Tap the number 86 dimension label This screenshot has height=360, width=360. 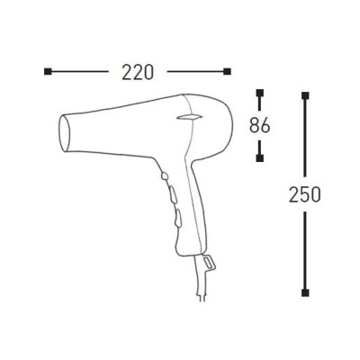pyautogui.click(x=260, y=125)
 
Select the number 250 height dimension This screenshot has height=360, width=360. pyautogui.click(x=306, y=193)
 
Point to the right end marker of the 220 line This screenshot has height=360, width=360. pyautogui.click(x=227, y=71)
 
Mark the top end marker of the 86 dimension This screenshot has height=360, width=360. pyautogui.click(x=260, y=93)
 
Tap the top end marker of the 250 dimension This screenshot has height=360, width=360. pyautogui.click(x=306, y=93)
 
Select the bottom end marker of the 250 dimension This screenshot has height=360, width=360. pyautogui.click(x=306, y=291)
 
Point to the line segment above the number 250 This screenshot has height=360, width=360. pyautogui.click(x=306, y=135)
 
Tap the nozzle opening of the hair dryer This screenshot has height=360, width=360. pyautogui.click(x=63, y=132)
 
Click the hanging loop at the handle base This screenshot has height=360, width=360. pyautogui.click(x=208, y=262)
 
